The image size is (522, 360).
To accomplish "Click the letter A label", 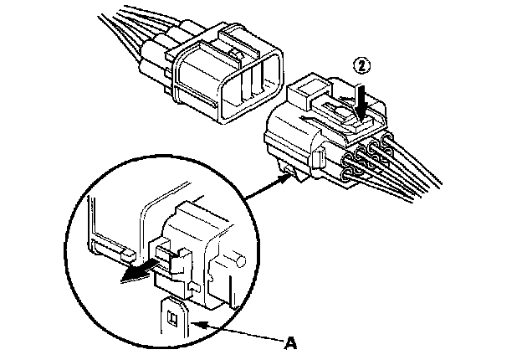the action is pos(291,342).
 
